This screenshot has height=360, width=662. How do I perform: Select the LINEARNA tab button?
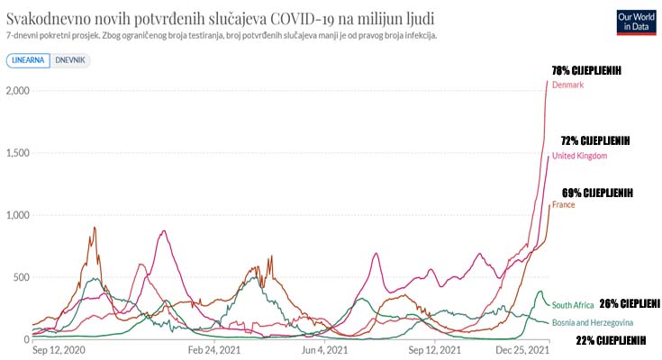coord(28,61)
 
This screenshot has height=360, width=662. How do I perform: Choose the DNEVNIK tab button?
coord(71,61)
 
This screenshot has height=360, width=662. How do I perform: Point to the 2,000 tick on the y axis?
coord(17,91)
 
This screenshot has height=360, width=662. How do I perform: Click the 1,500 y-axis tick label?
coord(17,153)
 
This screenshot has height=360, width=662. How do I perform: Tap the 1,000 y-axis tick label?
coord(17,215)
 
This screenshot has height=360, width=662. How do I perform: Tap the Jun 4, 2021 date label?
coord(325,349)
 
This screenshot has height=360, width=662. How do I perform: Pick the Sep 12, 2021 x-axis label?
coord(435,349)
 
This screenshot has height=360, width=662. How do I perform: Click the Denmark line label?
coord(567,85)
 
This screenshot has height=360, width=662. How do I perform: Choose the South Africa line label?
coord(573,305)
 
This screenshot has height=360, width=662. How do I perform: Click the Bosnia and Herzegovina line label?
coord(592,322)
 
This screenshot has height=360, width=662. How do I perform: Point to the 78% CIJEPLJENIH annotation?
coord(586,71)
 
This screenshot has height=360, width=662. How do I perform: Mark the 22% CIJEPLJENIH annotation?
coord(611,339)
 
